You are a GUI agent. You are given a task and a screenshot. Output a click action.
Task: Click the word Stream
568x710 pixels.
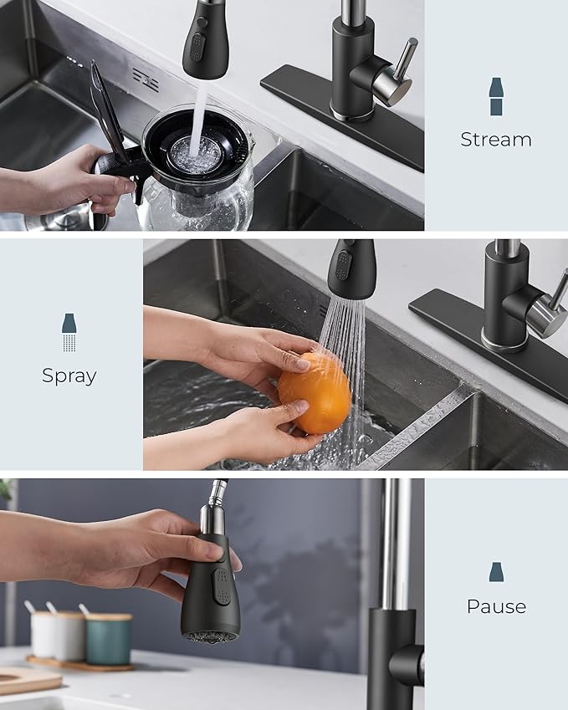[x=495, y=140]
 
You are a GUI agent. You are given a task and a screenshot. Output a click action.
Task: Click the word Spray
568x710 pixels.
[x=69, y=376]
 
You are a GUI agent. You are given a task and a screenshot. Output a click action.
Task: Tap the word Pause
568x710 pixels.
[x=496, y=606]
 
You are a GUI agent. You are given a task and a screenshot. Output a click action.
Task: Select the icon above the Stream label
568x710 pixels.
[x=496, y=96]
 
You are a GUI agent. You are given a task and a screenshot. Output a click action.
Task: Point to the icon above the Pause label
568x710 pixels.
[x=496, y=572]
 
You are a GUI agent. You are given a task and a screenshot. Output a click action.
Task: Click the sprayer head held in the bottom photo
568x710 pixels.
[x=210, y=590]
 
